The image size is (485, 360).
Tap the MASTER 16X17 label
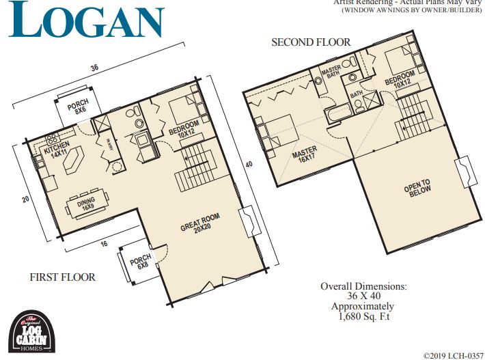pos(306,159)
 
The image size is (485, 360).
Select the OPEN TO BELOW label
pos(417,188)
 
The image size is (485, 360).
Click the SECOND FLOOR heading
pos(311,42)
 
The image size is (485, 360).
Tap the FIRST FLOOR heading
pos(62,277)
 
